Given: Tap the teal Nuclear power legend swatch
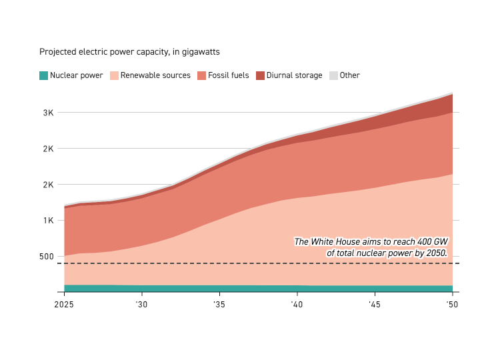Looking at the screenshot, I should point(43,75).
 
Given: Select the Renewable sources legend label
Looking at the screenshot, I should point(155,75).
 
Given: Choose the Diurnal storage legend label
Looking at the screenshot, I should point(294,75).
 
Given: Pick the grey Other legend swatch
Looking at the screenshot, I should point(334,75).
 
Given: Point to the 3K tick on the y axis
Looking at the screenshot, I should point(48,113).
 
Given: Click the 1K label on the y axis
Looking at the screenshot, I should point(48,221).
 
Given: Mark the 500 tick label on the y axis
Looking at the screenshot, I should point(45,257).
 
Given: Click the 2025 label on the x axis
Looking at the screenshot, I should point(65,305).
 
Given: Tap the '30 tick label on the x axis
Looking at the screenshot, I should point(142,305).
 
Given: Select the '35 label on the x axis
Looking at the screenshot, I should point(219,305).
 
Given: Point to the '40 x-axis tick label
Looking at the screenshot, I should point(297,305).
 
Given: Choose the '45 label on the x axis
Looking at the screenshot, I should point(375,305).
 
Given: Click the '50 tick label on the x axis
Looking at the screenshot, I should point(453,305).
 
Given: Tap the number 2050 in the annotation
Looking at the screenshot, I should point(434,253).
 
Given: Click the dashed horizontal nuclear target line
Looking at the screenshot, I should point(200,264).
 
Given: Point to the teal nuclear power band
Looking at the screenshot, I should point(200,289).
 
